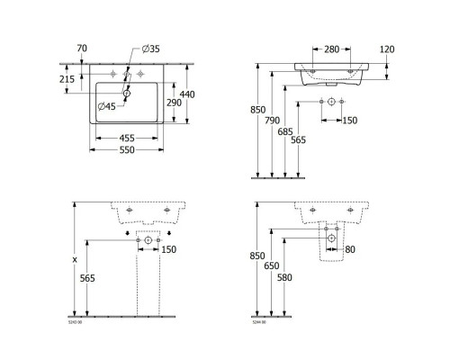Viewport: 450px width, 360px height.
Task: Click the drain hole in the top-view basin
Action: tap(126, 92)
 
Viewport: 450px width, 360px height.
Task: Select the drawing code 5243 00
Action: tap(75, 320)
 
